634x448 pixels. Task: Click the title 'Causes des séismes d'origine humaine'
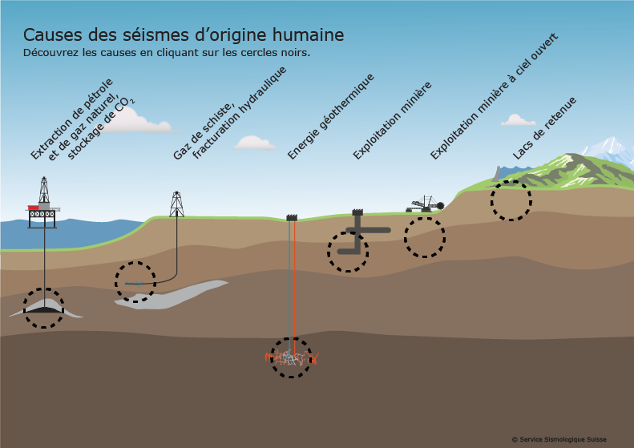pyautogui.click(x=184, y=35)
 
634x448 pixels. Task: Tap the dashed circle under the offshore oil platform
pyautogui.click(x=43, y=309)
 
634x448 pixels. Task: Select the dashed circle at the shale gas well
pyautogui.click(x=135, y=281)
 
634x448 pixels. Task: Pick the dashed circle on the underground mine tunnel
pyautogui.click(x=348, y=252)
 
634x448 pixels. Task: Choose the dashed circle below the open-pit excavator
pyautogui.click(x=424, y=236)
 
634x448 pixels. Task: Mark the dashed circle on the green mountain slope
pyautogui.click(x=511, y=200)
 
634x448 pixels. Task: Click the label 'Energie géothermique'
pyautogui.click(x=332, y=116)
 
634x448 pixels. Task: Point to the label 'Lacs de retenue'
pyautogui.click(x=545, y=127)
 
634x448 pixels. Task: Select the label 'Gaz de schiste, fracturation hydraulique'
pyautogui.click(x=230, y=112)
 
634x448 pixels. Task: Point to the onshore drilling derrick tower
pyautogui.click(x=176, y=204)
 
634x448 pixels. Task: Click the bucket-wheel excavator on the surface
pyautogui.click(x=426, y=204)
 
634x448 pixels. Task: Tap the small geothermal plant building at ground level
pyautogui.click(x=291, y=217)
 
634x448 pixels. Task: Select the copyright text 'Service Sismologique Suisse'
pyautogui.click(x=559, y=439)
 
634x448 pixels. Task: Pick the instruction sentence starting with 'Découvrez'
pyautogui.click(x=167, y=53)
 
